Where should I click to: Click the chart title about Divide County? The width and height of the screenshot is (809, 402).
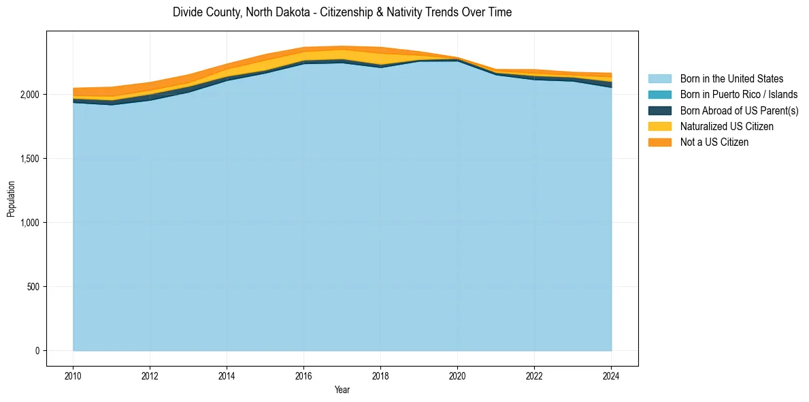(x=342, y=12)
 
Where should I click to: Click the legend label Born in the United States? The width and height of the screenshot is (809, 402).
(x=731, y=79)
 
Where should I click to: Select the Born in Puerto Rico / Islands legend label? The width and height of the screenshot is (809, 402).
(x=738, y=95)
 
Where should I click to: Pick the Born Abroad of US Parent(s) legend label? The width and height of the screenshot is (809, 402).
(x=739, y=110)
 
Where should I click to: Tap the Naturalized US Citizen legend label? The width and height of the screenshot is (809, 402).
(x=727, y=126)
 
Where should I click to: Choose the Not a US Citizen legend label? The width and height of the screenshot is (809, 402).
(x=714, y=142)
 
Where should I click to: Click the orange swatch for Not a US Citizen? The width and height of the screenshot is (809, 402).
(x=659, y=142)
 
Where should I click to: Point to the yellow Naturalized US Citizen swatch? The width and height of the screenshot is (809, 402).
(x=659, y=126)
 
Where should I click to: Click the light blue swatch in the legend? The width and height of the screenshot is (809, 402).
(x=659, y=79)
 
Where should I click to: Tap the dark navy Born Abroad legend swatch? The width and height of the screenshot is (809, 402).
(x=659, y=110)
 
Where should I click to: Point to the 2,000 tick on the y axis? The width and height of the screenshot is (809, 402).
(x=30, y=94)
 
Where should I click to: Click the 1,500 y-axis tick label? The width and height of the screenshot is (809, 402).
(x=30, y=159)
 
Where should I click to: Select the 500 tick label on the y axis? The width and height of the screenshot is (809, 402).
(x=33, y=287)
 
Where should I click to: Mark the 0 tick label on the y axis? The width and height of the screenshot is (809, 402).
(x=38, y=351)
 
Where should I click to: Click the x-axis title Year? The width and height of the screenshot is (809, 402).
(x=342, y=390)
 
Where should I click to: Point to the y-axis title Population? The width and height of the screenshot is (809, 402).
(x=11, y=198)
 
